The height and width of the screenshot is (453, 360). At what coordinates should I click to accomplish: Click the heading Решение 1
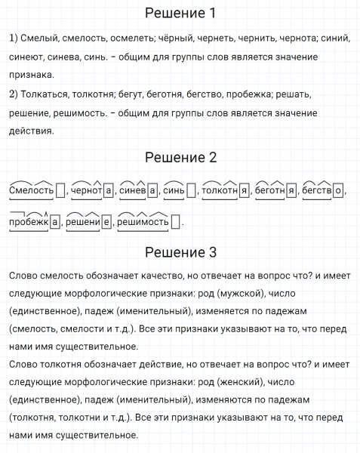(180, 14)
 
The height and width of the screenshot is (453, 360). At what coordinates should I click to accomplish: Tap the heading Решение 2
(180, 158)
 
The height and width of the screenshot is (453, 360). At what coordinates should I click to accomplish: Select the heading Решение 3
(180, 251)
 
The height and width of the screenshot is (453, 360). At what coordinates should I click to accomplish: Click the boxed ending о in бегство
(337, 191)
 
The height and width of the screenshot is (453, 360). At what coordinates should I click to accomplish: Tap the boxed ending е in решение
(106, 223)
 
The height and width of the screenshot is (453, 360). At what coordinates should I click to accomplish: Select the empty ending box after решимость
(176, 223)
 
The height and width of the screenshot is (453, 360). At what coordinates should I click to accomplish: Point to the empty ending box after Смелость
(61, 191)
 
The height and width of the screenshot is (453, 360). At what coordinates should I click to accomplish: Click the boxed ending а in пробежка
(54, 223)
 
